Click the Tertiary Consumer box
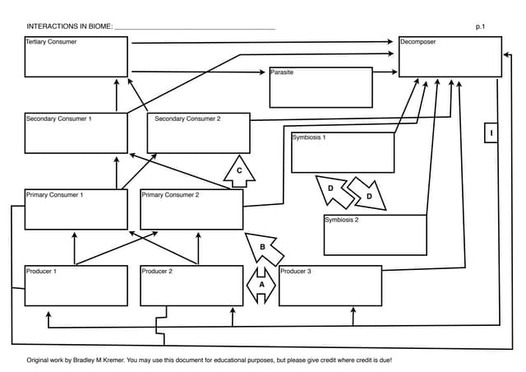coord(76,57)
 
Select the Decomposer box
coord(450,57)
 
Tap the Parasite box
coord(321,87)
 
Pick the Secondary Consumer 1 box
coord(76,133)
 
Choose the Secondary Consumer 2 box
coord(197,133)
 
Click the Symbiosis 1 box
coord(343,152)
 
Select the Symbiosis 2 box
coord(375,235)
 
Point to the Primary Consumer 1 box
coord(76,210)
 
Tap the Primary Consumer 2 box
coord(191,210)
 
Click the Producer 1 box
coord(76,286)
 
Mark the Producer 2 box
coord(191,286)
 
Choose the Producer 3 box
coord(330,286)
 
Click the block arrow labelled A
coord(261,284)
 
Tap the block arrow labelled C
coord(239,170)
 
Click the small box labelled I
coord(491,133)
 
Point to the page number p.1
coord(481,27)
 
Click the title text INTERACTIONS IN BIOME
coord(70,27)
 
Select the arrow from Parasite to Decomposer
coord(385,72)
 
